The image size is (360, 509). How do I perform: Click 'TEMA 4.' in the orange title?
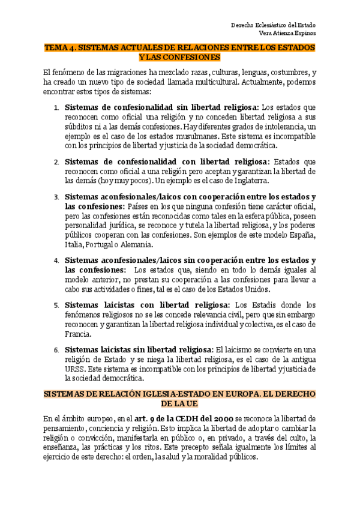(x=60, y=46)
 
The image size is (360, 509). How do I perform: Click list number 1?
(x=56, y=107)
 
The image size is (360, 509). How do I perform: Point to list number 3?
(x=56, y=197)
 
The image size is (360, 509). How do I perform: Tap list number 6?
(x=56, y=351)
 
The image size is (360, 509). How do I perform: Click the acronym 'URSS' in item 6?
(x=76, y=370)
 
